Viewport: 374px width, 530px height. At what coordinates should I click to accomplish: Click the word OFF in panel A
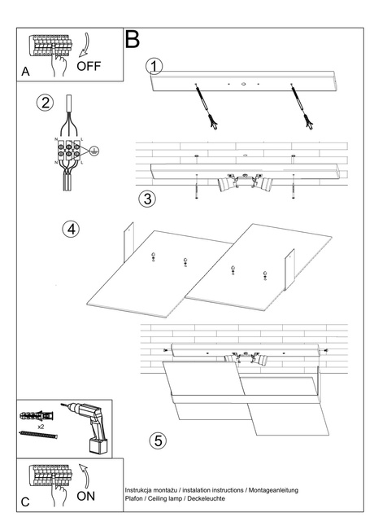[x=89, y=66]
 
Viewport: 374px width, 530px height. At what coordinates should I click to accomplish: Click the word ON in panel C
[x=86, y=496]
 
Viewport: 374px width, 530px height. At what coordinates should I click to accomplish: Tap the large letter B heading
[x=132, y=39]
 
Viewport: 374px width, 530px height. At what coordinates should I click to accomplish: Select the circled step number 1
[x=154, y=66]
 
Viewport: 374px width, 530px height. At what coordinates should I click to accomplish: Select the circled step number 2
[x=46, y=103]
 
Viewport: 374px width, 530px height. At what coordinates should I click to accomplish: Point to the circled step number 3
[x=147, y=199]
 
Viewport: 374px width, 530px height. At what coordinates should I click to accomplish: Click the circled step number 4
[x=71, y=229]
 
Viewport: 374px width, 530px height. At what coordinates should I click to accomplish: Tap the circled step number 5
[x=158, y=440]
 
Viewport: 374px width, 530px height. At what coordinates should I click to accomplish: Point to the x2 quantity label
[x=41, y=427]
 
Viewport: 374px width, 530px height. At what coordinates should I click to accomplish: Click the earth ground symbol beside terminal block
[x=95, y=151]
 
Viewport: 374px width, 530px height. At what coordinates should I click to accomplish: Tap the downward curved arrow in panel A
[x=85, y=45]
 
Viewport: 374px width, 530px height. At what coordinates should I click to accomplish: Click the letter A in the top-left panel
[x=25, y=72]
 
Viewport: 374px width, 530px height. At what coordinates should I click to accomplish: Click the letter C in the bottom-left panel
[x=25, y=502]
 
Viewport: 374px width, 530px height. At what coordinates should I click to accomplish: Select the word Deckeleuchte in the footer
[x=206, y=498]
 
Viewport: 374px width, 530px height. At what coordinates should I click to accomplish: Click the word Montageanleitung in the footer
[x=273, y=490]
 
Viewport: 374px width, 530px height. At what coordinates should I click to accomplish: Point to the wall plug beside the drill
[x=37, y=415]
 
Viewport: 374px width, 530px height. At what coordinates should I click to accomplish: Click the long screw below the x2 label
[x=38, y=435]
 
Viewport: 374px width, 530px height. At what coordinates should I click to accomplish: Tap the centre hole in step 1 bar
[x=243, y=83]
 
